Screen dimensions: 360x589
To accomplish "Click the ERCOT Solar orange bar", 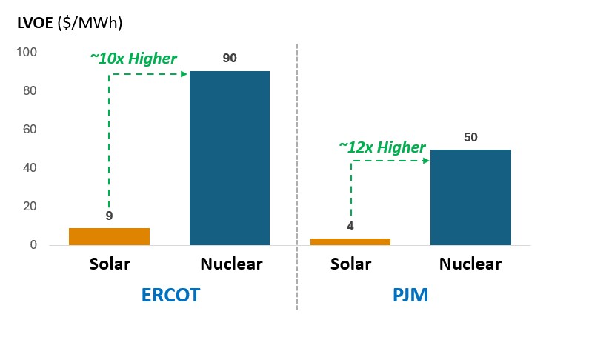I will click(x=109, y=236).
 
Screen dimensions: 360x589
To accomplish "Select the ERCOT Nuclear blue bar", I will click(x=229, y=158).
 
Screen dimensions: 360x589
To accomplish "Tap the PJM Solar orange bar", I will click(x=350, y=241).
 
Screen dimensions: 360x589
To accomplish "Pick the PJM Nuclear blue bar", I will click(x=470, y=197).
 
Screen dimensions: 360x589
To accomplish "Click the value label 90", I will click(x=230, y=58).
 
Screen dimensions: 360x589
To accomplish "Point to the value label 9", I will click(x=108, y=216).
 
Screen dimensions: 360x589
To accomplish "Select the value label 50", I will click(x=470, y=136).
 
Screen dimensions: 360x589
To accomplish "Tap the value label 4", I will click(x=350, y=226).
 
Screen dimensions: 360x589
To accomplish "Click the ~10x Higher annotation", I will click(x=133, y=59).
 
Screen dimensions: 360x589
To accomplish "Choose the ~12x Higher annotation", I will click(x=382, y=147).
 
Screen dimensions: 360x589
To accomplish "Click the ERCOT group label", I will click(x=171, y=296).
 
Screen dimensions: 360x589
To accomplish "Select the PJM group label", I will click(x=410, y=296).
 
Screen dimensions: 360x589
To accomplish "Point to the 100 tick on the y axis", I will click(x=27, y=53).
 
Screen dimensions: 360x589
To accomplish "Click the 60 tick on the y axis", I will click(x=30, y=130).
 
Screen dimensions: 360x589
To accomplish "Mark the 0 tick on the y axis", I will click(x=33, y=245).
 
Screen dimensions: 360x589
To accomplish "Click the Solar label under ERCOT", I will click(x=110, y=264).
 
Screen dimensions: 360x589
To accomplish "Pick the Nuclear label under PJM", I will click(x=470, y=264).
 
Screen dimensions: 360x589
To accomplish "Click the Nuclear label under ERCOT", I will click(x=230, y=264).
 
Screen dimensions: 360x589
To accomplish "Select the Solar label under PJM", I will click(x=350, y=264).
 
